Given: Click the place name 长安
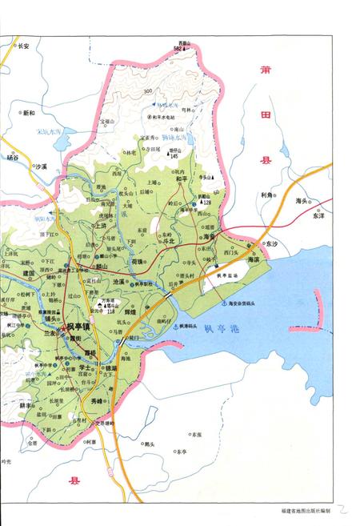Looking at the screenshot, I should [x=23, y=47].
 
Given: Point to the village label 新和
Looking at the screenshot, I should [x=28, y=113].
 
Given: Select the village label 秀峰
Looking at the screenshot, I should [x=98, y=402].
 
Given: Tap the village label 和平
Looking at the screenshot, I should [x=181, y=179].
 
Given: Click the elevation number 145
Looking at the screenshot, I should [x=173, y=156].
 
